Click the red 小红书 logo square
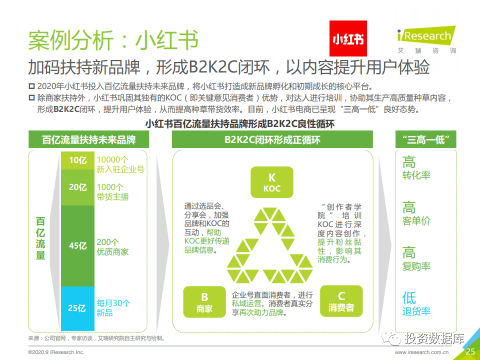(x=348, y=38)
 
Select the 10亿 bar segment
(x=78, y=160)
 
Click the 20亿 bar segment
(x=78, y=187)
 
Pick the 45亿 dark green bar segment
(x=78, y=246)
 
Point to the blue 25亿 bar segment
(x=78, y=308)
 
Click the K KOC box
(x=272, y=182)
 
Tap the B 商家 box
(x=204, y=302)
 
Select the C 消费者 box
(x=341, y=301)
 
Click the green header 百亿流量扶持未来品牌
(x=89, y=139)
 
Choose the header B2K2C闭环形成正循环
(x=272, y=139)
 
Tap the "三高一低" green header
(x=426, y=139)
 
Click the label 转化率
(x=416, y=175)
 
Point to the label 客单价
(x=416, y=220)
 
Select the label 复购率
(x=416, y=266)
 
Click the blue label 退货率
(x=416, y=311)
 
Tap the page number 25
(x=470, y=351)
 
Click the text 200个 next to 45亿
(x=108, y=242)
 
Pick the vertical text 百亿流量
(x=40, y=238)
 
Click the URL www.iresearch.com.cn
(x=421, y=352)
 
